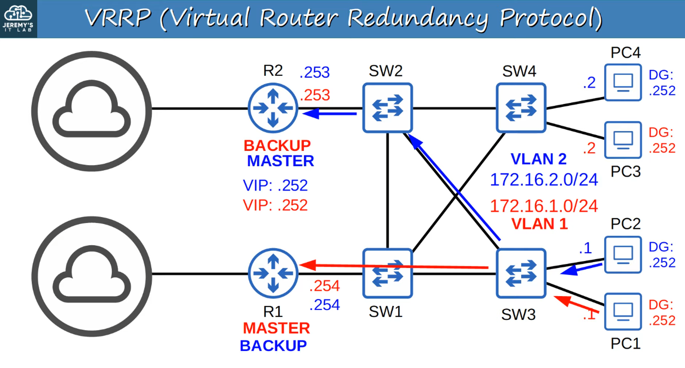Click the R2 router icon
pos(273,108)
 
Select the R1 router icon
pos(273,273)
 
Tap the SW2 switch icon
pos(387,108)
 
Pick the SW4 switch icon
pos(521,108)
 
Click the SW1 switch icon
pos(387,273)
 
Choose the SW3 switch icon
pos(521,273)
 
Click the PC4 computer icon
pos(623,82)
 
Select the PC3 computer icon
pos(623,140)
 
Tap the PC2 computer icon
pos(623,255)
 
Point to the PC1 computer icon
pos(623,311)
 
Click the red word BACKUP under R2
pos(277,146)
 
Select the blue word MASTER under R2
pos(280,161)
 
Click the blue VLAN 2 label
pos(538,159)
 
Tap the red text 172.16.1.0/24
pos(544,206)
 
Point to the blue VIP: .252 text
pos(275,185)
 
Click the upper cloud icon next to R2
pos(91,111)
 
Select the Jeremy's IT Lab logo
pos(18,19)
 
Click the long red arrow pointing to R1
pos(394,266)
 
